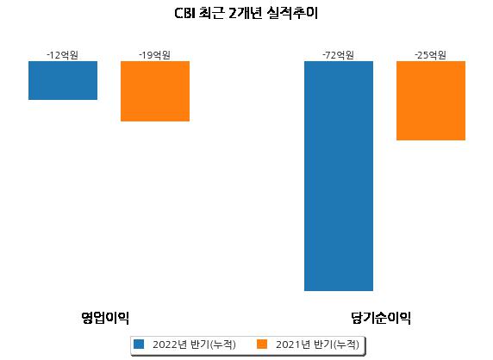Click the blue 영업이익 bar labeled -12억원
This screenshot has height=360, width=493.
63,80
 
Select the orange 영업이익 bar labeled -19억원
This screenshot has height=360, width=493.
155,91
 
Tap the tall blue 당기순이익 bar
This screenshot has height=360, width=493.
339,176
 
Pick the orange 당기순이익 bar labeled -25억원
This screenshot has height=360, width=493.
431,101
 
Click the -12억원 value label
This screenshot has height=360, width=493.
63,55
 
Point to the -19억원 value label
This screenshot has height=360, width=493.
154,55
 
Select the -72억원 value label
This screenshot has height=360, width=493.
339,55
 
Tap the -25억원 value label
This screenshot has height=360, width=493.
430,55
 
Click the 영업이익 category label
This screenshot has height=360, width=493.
105,318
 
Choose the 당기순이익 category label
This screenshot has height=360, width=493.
381,318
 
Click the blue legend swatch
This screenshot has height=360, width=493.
139,344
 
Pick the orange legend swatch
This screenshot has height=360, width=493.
262,344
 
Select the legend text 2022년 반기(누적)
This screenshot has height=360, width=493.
194,344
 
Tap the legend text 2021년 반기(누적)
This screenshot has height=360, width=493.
317,344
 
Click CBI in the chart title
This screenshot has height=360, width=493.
184,14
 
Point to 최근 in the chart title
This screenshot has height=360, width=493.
212,14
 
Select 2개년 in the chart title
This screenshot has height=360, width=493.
246,14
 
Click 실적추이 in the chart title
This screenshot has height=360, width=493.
292,14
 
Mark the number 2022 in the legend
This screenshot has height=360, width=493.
165,344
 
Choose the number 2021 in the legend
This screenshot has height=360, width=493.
288,344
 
